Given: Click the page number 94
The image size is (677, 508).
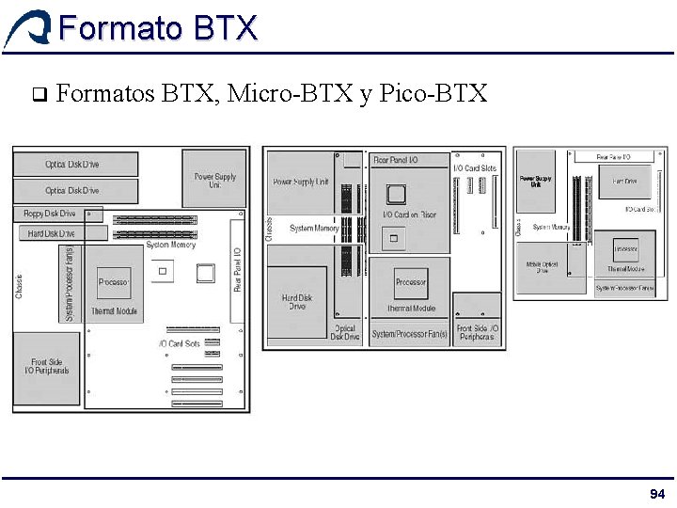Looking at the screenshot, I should (x=657, y=495).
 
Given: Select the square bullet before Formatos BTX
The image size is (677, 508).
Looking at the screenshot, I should (x=38, y=94).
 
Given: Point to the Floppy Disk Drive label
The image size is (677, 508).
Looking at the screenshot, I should (x=49, y=214).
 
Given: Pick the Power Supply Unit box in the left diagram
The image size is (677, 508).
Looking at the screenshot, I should (x=215, y=180).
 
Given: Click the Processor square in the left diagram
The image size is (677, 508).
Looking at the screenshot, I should (x=114, y=282).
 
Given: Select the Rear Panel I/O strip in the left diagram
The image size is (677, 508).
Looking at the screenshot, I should (x=237, y=270).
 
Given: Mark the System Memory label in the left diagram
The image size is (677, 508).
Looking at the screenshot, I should (x=170, y=246).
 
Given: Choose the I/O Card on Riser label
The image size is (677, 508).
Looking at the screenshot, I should (x=409, y=215).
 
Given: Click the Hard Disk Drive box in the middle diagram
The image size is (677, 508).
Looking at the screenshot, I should (x=297, y=303).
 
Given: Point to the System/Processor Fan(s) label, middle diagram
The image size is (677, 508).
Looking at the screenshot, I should (x=409, y=334).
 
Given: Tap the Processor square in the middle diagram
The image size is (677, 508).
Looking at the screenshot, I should (x=411, y=282).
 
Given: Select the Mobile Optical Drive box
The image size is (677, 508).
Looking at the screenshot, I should (x=543, y=268).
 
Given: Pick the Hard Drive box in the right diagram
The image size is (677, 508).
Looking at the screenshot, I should (x=624, y=181).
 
